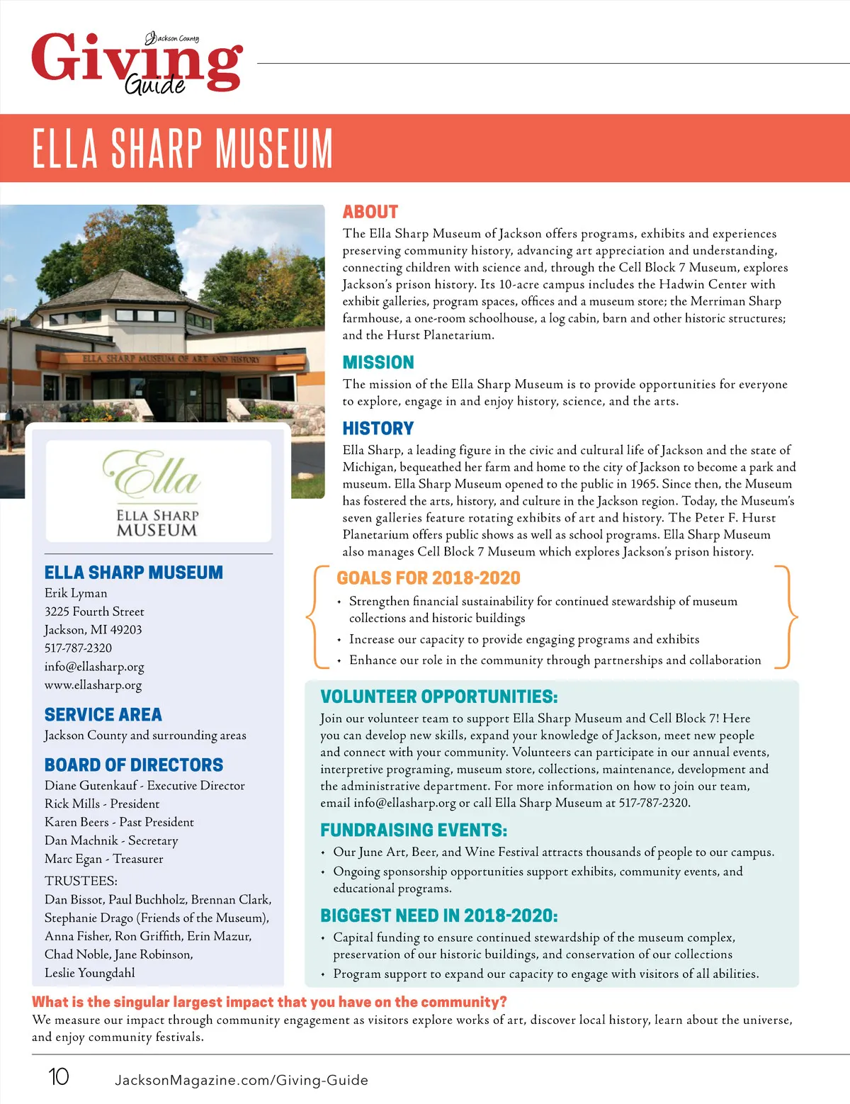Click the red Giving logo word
pos(135,60)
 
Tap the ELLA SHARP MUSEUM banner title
pos(183,148)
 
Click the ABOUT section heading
pos(370,212)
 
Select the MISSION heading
pos(378,363)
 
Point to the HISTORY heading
pos(378,429)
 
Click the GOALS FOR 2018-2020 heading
pos(429,578)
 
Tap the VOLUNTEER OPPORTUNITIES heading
pos(438,697)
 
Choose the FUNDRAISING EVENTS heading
pos(414,830)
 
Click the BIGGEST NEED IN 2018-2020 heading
pos(438,916)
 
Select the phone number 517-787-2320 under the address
pos(78,648)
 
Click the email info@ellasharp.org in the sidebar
pos(94,666)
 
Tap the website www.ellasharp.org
pos(93,685)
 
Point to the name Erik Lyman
pos(76,593)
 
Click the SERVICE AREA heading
pos(103,714)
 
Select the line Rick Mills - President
pos(102,804)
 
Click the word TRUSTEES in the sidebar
pos(81,881)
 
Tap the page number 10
pos(58,1077)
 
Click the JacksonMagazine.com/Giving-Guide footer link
pos(242,1080)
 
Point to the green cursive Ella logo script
pos(152,474)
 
